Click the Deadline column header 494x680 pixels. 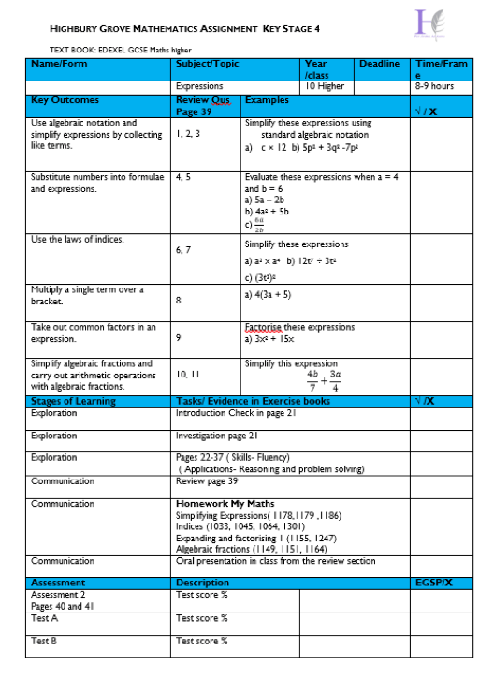coord(379,64)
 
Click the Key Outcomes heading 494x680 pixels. coord(65,99)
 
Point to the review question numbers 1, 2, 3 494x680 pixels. coord(187,134)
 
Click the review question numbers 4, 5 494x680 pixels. coord(183,176)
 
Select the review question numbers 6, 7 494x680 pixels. coord(183,251)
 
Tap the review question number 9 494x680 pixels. coord(179,336)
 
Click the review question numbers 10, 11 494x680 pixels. coord(186,375)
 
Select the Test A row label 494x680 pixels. coord(44,618)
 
